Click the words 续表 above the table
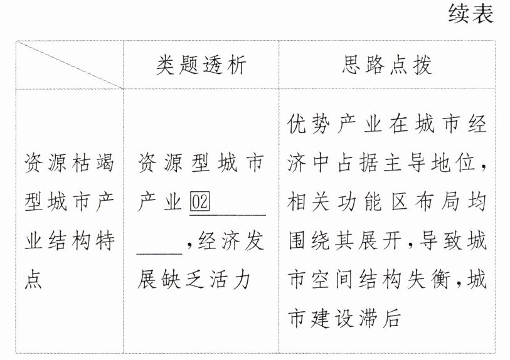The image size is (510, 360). point(471,14)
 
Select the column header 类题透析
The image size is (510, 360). point(201,65)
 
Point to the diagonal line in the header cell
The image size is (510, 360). point(69,65)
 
